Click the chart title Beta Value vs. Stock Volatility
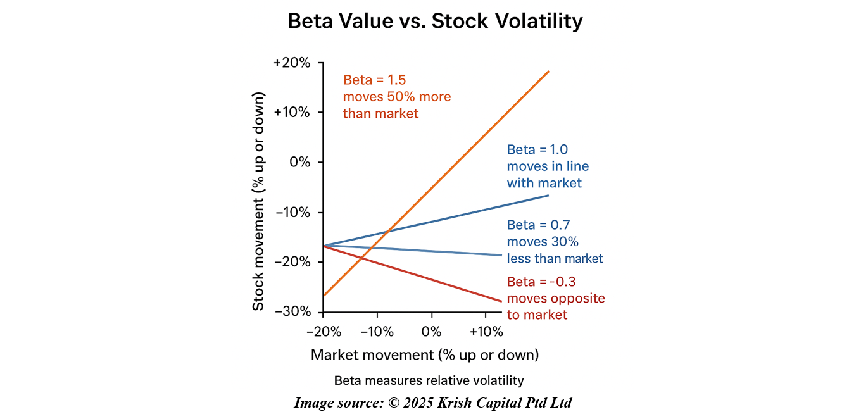[x=435, y=22]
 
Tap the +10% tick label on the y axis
[x=292, y=113]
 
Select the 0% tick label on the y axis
[x=299, y=162]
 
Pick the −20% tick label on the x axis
[x=324, y=332]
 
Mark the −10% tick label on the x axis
[x=377, y=332]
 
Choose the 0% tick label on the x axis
[x=431, y=332]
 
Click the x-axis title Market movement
[x=424, y=355]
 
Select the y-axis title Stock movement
[x=258, y=201]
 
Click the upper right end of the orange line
[x=548, y=72]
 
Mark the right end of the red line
[x=501, y=301]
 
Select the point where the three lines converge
[x=324, y=246]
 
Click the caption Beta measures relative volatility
[x=429, y=380]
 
